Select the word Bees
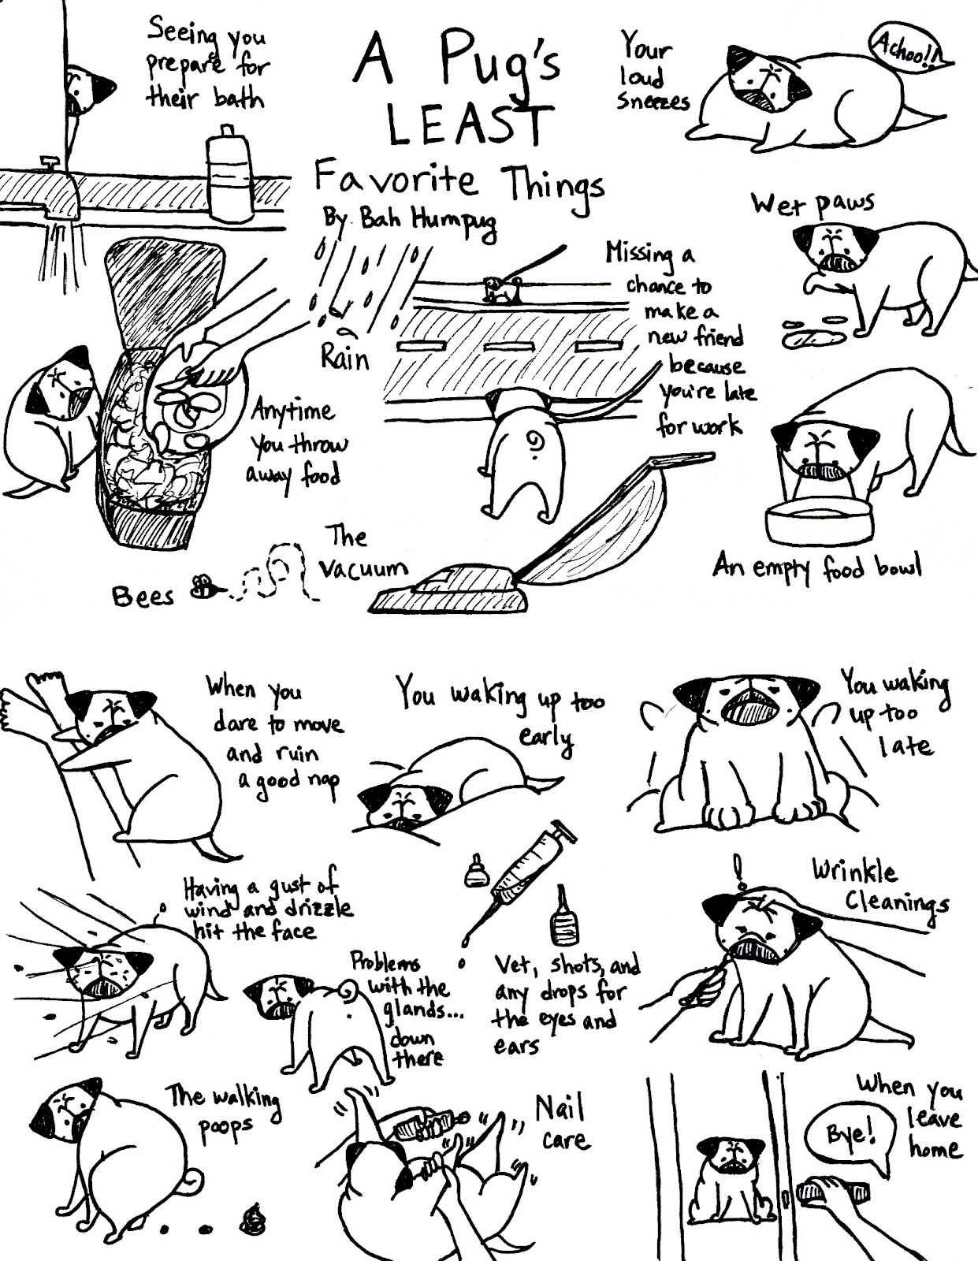[143, 596]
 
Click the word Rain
[344, 359]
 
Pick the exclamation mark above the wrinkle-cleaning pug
[738, 872]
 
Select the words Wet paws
[812, 204]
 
